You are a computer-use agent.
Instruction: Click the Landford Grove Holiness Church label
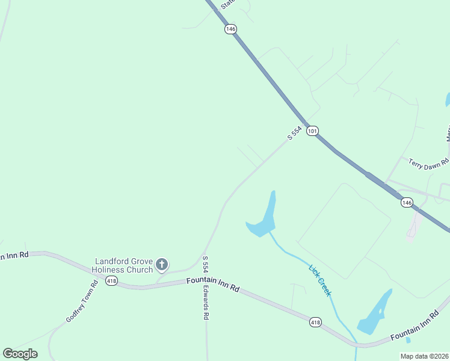[124, 265]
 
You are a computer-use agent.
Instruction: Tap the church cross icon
[161, 264]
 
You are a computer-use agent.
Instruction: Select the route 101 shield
[312, 131]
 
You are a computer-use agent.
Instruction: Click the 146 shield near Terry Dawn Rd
[407, 203]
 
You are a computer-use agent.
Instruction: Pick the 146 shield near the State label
[230, 29]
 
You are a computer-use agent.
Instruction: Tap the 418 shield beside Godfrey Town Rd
[111, 281]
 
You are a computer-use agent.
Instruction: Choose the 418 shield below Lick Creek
[315, 322]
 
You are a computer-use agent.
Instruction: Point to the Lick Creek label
[319, 281]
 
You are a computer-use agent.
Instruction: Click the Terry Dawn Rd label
[428, 162]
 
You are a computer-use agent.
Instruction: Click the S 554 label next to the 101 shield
[294, 134]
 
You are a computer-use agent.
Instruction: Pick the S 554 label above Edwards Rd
[205, 266]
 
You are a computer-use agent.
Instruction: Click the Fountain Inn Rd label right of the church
[212, 284]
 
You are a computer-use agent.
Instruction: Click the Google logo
[20, 353]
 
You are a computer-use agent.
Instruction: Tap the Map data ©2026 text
[425, 356]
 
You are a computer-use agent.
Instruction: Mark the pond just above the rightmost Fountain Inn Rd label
[375, 314]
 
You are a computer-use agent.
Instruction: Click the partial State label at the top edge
[227, 4]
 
